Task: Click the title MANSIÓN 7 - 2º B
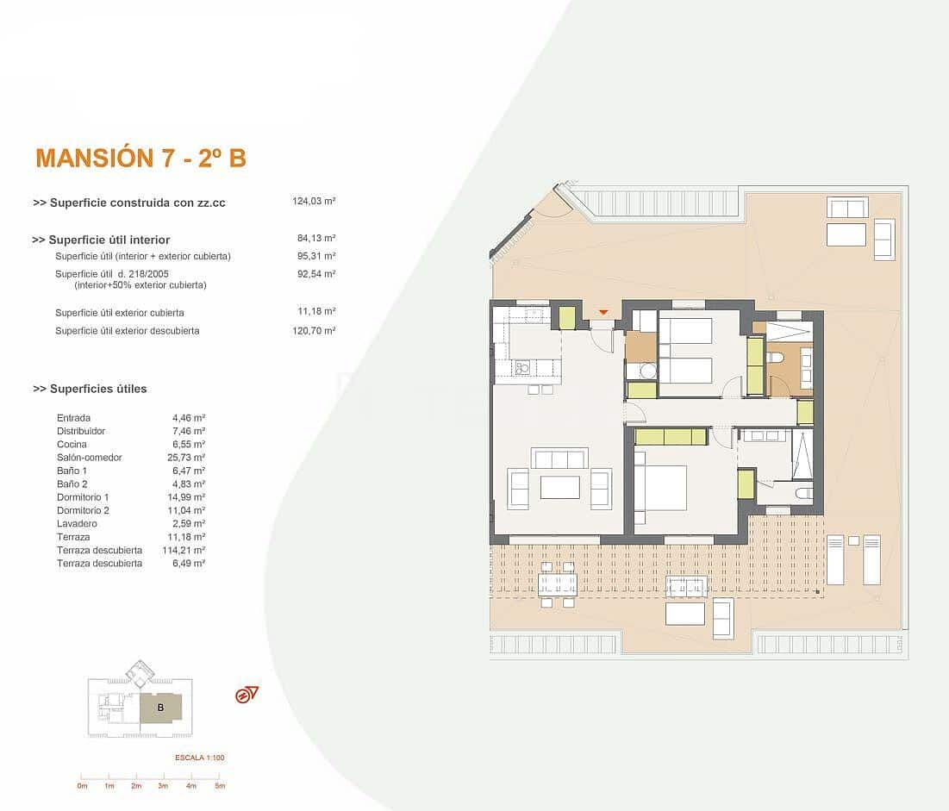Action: [x=140, y=158]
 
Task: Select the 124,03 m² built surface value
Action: [x=314, y=202]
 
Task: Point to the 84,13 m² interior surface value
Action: [x=315, y=239]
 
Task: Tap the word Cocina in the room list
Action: [x=72, y=445]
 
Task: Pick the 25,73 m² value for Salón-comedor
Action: [x=188, y=458]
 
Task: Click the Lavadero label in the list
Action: [x=77, y=524]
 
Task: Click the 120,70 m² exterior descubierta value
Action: [x=314, y=330]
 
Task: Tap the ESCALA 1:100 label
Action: [x=199, y=758]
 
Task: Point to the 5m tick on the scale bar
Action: [x=220, y=785]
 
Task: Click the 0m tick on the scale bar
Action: [x=82, y=785]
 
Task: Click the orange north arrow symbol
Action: [x=247, y=695]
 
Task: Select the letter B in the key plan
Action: [x=160, y=708]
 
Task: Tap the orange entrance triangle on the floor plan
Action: [x=603, y=312]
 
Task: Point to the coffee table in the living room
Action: [x=560, y=487]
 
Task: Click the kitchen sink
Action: [x=522, y=368]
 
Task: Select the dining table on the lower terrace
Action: [x=558, y=585]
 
